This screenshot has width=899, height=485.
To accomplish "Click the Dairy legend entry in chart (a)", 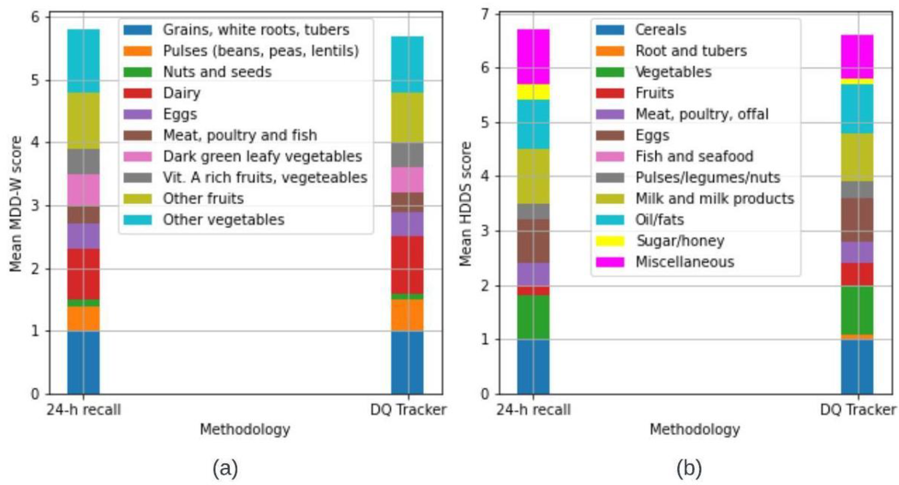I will tap(181, 93).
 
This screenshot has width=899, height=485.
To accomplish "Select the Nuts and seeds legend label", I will tap(217, 72).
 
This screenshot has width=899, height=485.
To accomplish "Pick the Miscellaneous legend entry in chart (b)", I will tap(685, 262).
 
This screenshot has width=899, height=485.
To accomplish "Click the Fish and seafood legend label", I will tap(694, 156).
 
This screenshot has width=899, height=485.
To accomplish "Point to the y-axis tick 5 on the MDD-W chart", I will tap(36, 81).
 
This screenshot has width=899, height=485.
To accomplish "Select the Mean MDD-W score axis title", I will tap(16, 204).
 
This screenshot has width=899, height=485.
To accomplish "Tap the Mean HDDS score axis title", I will tap(465, 204).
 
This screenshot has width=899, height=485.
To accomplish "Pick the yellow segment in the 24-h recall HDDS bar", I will tap(533, 92).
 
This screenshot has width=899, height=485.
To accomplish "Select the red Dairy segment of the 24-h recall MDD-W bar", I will tap(84, 274).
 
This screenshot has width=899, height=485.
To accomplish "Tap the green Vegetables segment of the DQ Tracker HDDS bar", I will tap(857, 310).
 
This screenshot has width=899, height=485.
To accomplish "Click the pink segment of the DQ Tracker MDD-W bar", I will tap(407, 180).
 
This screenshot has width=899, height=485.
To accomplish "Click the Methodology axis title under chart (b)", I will tap(695, 429).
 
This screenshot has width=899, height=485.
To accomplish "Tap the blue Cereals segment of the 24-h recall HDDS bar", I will tap(533, 366).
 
